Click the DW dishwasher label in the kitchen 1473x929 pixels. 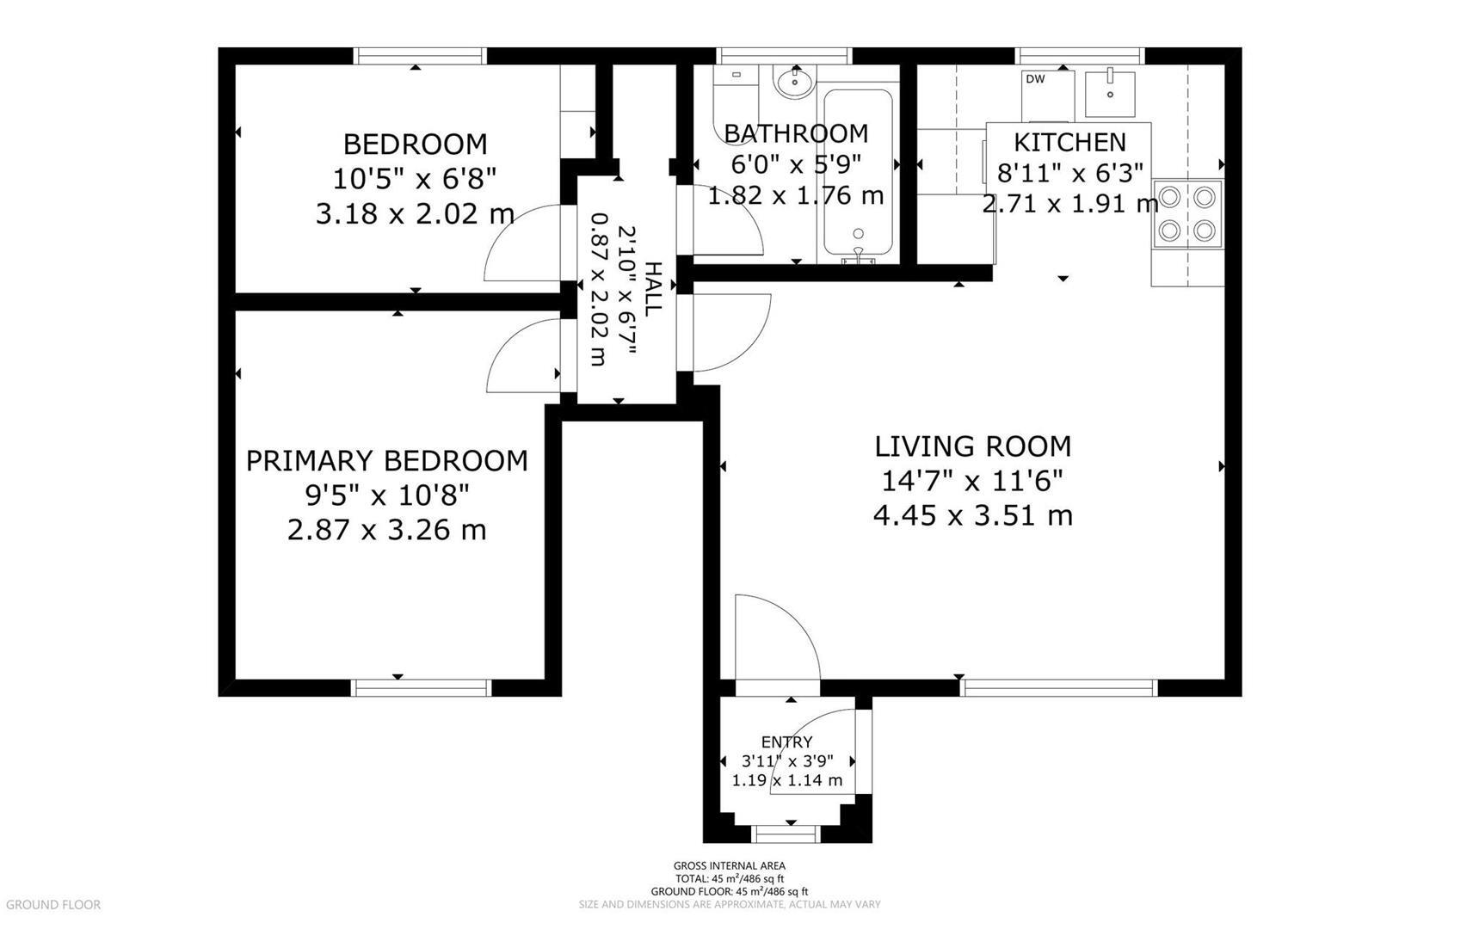coord(1035,79)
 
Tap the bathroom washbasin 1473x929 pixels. coord(796,83)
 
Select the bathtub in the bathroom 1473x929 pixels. coord(858,175)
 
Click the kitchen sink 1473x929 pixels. coord(1110,94)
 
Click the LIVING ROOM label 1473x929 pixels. coord(972,446)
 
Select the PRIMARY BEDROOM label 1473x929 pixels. coord(386,461)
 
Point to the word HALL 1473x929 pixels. coord(653,289)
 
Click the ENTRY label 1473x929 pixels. coord(786,742)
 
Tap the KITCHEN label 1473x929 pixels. coord(1069,142)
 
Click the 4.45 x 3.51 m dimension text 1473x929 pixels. coord(972,515)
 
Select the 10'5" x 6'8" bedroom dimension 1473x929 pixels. coord(415,179)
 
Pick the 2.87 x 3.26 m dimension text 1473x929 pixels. coord(386,530)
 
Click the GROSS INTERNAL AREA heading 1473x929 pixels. coord(730,866)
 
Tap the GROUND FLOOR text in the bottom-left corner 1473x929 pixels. coord(53,905)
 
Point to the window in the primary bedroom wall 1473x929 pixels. coord(421,687)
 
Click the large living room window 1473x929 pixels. coord(1058,687)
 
